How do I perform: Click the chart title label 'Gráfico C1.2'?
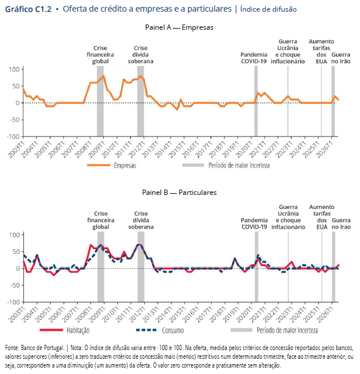pyautogui.click(x=28, y=9)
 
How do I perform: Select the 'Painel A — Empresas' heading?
pyautogui.click(x=179, y=27)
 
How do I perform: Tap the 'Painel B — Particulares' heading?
pyautogui.click(x=179, y=193)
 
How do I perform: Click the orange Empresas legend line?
pyautogui.click(x=99, y=165)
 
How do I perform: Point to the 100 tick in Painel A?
pyautogui.click(x=14, y=69)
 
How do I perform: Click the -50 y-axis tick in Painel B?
pyautogui.click(x=15, y=285)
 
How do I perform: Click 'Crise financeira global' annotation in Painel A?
pyautogui.click(x=100, y=55)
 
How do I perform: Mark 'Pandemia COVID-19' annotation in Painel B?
pyautogui.click(x=254, y=223)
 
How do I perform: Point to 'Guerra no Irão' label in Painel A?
pyautogui.click(x=341, y=58)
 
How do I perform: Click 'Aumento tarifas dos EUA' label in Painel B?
pyautogui.click(x=322, y=217)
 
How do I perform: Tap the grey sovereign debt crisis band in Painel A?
pyautogui.click(x=141, y=101)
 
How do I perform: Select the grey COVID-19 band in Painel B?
pyautogui.click(x=257, y=267)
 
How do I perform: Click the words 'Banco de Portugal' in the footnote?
pyautogui.click(x=43, y=348)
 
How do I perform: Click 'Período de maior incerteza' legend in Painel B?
pyautogui.click(x=287, y=330)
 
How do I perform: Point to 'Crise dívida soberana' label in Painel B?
pyautogui.click(x=141, y=220)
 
